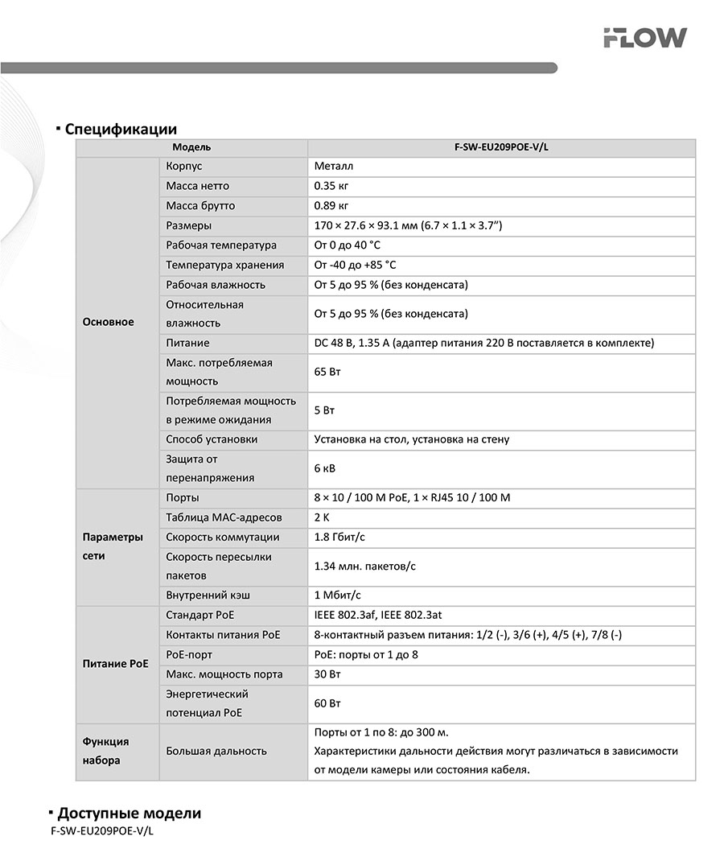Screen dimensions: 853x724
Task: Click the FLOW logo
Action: pyautogui.click(x=645, y=38)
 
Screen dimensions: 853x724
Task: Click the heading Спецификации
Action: pyautogui.click(x=121, y=129)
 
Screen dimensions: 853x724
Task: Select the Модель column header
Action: pyautogui.click(x=191, y=148)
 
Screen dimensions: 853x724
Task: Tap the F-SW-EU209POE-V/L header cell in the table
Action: pyautogui.click(x=501, y=148)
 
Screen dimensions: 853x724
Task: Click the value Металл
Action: pyautogui.click(x=334, y=167)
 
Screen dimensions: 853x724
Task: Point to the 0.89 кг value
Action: pyautogui.click(x=331, y=206)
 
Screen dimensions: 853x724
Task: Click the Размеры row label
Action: pyautogui.click(x=189, y=225)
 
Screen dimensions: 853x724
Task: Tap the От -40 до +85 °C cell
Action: pyautogui.click(x=355, y=265)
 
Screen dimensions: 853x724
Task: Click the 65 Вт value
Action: pyautogui.click(x=327, y=373)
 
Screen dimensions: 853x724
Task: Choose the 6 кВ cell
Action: pyautogui.click(x=326, y=468)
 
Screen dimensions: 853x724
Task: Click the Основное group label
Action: pyautogui.click(x=109, y=322)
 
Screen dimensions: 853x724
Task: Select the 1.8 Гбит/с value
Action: pyautogui.click(x=345, y=537)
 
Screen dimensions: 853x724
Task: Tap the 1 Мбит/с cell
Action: pyautogui.click(x=338, y=595)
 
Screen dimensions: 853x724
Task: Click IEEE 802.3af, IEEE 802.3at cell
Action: pyautogui.click(x=378, y=616)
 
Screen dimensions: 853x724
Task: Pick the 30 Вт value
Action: pyautogui.click(x=327, y=674)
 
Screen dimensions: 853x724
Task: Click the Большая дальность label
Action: pyautogui.click(x=216, y=751)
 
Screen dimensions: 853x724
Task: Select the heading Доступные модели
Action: pyautogui.click(x=129, y=813)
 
